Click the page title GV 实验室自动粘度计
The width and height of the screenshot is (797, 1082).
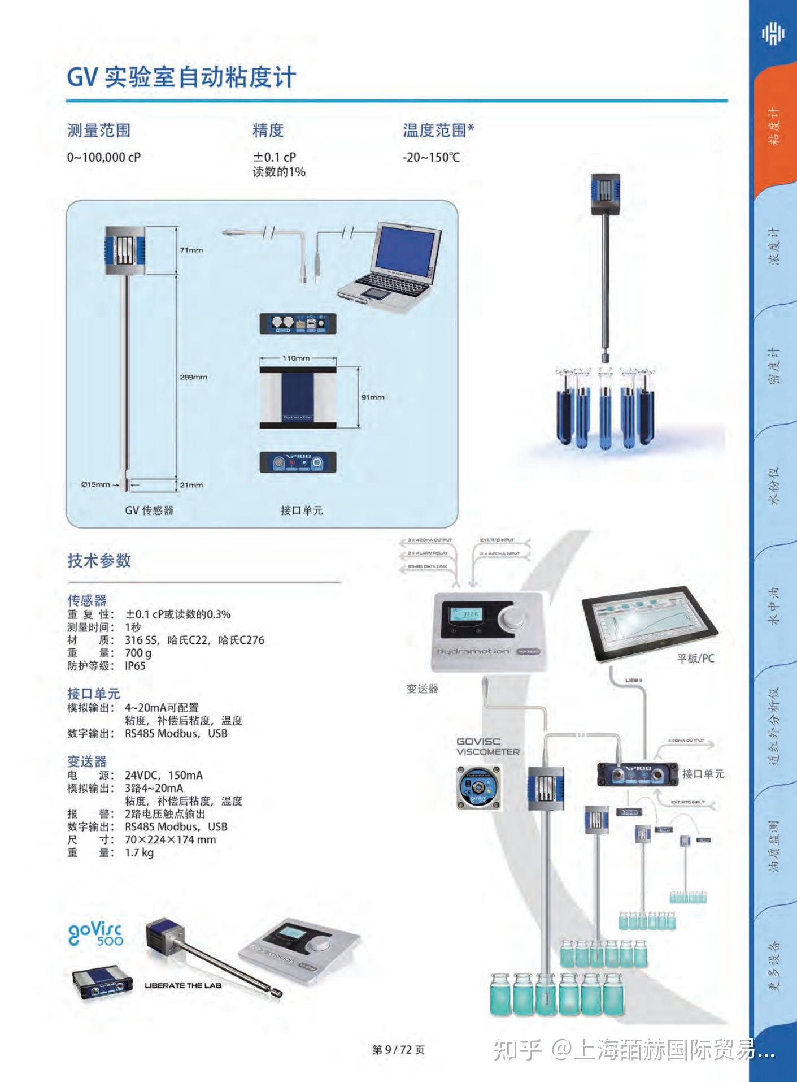point(181,77)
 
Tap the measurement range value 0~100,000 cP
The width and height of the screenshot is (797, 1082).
point(104,157)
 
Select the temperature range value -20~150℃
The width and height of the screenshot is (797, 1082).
point(431,157)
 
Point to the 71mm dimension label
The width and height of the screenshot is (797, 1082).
point(191,250)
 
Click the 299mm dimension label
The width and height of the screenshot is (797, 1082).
point(193,377)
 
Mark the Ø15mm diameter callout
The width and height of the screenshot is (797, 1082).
point(95,484)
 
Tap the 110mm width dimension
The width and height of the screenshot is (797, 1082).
point(296,358)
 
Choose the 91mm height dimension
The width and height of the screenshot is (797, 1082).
point(373,397)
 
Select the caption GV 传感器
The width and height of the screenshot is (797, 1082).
point(149,510)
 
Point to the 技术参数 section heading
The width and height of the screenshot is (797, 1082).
point(99,561)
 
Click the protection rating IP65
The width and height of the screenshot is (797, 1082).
point(135,666)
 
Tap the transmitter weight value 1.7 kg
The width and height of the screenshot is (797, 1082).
point(139,852)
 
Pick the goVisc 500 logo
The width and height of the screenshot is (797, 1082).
point(96,933)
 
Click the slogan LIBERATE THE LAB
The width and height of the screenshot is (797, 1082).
point(183,985)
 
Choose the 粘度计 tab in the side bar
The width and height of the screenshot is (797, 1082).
point(774,127)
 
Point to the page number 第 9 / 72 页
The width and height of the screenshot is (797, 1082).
point(398,1050)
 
